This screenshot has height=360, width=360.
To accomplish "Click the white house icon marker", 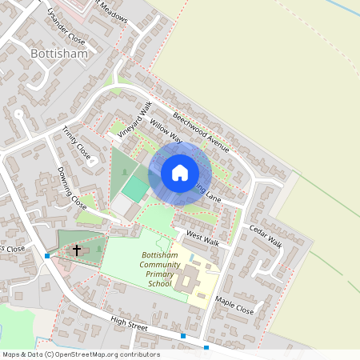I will click(180, 173).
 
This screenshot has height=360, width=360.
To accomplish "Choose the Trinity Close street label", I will click(78, 142).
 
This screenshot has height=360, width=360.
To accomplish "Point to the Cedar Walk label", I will click(266, 236).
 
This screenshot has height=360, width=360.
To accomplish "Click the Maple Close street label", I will click(234, 305).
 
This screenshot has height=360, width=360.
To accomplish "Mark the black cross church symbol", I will click(77, 250).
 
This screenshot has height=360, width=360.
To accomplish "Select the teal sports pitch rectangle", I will click(135, 189).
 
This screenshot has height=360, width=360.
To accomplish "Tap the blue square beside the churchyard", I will click(47, 256).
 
